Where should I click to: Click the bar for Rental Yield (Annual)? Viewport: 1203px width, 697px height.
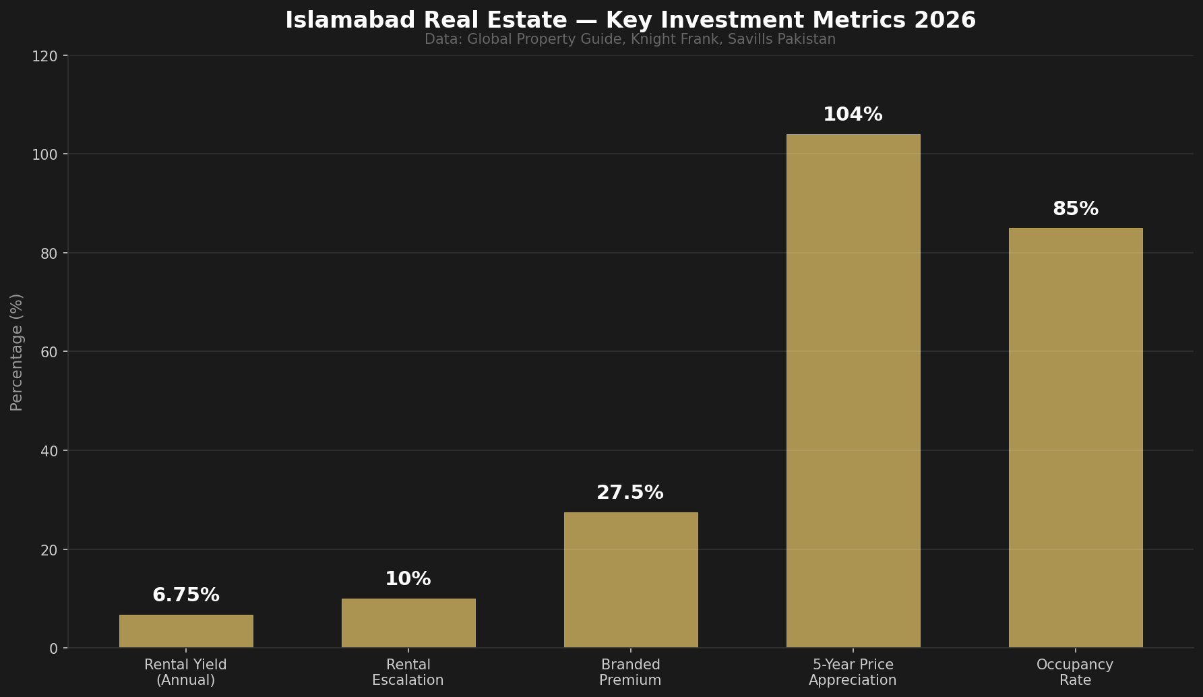pos(186,631)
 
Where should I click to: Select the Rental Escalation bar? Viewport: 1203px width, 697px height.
pos(408,623)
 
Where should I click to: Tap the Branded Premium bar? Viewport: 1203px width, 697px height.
pos(631,580)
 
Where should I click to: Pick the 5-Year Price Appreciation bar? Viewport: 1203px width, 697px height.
pos(853,391)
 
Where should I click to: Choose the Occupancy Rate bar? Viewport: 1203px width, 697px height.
pos(1076,438)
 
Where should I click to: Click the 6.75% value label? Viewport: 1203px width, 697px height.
pos(186,595)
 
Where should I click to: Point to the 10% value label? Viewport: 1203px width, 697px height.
pos(408,579)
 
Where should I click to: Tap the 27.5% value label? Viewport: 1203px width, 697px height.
pos(630,493)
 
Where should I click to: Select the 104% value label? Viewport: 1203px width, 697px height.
pos(853,115)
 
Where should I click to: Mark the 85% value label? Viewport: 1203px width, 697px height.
pos(1076,209)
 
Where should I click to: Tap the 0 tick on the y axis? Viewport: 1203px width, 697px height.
pos(54,648)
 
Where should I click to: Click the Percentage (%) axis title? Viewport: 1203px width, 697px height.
pos(17,352)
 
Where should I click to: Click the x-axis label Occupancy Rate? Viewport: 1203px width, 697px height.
pos(1075,672)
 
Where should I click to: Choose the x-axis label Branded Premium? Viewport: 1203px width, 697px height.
pos(630,672)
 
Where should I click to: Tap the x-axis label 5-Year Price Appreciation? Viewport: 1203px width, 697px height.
pos(853,672)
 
